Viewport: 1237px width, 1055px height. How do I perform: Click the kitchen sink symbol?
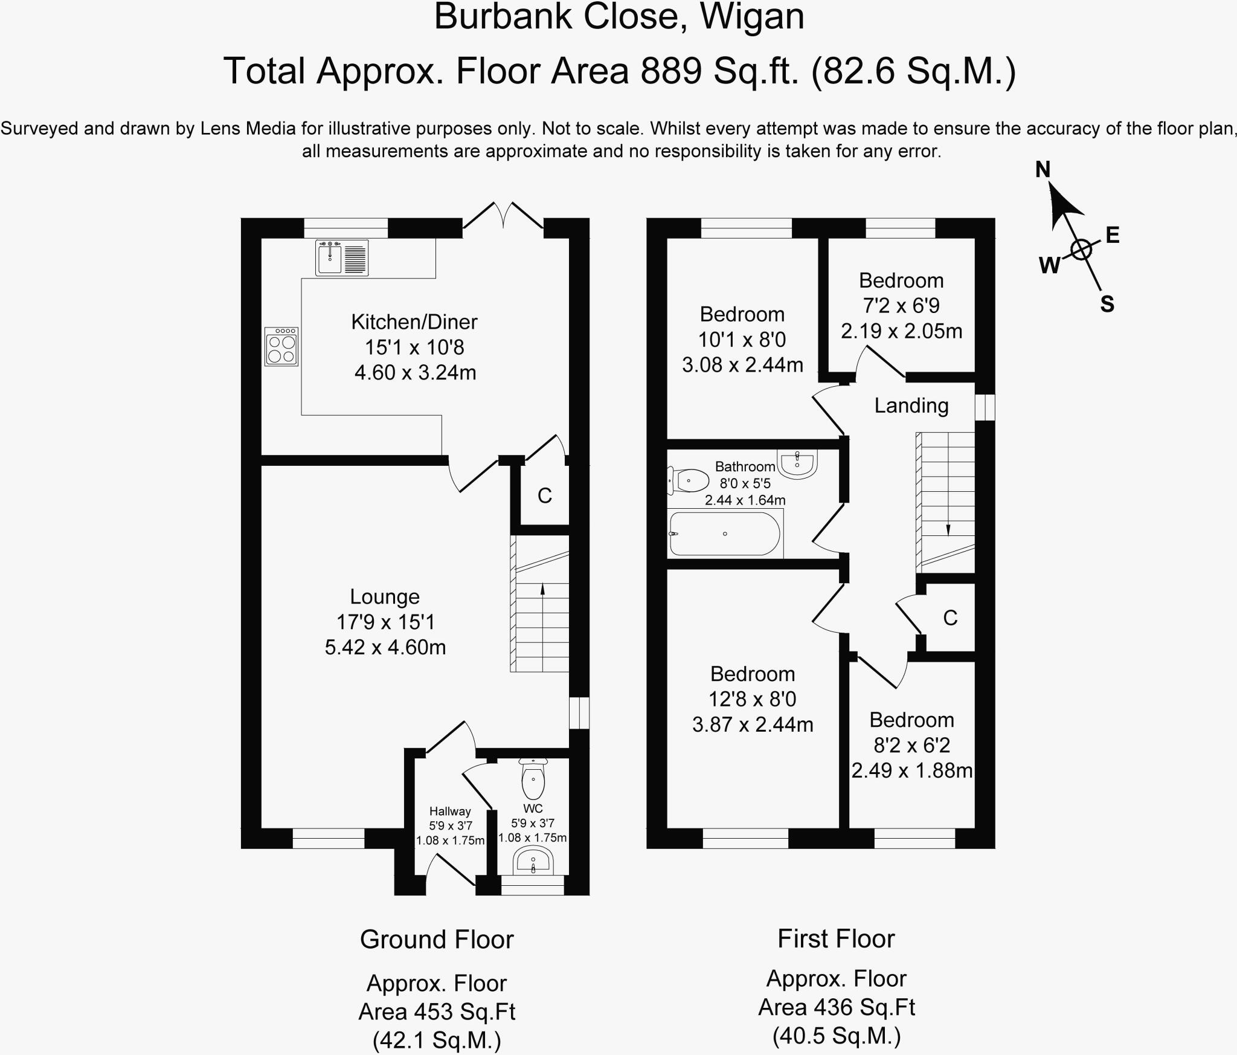click(x=342, y=257)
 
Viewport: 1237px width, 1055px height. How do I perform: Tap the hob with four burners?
click(x=281, y=346)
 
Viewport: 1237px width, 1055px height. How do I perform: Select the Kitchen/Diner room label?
click(x=414, y=321)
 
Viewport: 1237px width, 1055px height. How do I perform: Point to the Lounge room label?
click(x=385, y=596)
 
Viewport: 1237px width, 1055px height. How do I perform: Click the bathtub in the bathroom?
click(x=725, y=534)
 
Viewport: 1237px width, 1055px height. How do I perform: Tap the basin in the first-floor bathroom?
click(x=798, y=464)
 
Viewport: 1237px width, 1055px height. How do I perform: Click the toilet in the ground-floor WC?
click(x=533, y=779)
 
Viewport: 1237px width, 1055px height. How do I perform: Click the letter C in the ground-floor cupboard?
click(x=545, y=496)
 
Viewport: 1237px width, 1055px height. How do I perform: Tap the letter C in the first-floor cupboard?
click(x=950, y=618)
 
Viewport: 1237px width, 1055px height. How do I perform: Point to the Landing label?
click(x=911, y=405)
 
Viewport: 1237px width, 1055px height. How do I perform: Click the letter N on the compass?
click(x=1043, y=170)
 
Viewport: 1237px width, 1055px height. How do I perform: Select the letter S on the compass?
click(x=1107, y=304)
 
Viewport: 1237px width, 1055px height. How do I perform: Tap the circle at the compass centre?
click(x=1081, y=249)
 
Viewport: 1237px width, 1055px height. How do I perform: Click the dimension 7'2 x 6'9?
click(x=901, y=306)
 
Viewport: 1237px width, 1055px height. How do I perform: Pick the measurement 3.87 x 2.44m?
click(x=753, y=724)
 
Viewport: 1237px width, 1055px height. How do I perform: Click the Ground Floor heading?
click(x=437, y=940)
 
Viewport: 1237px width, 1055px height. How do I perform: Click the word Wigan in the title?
click(x=752, y=16)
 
